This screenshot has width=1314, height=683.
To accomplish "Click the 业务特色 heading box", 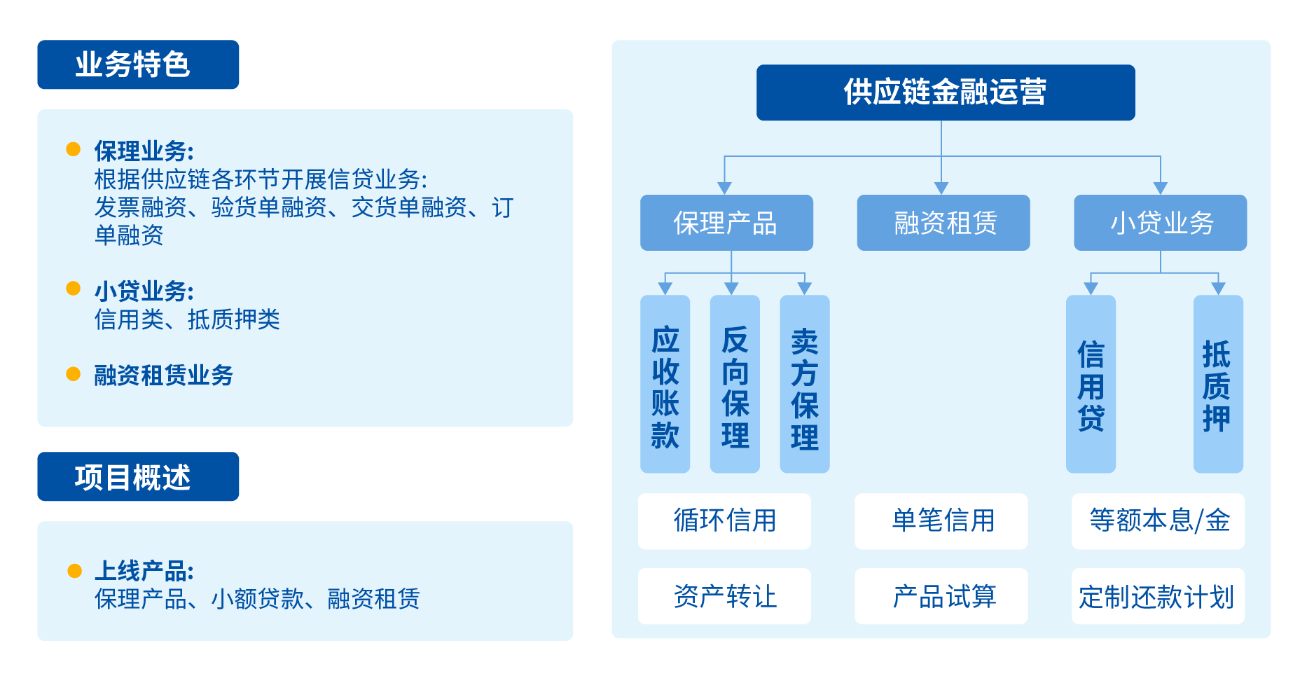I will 138,64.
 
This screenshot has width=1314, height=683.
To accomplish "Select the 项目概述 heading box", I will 138,476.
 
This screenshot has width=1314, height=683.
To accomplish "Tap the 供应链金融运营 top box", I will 945,92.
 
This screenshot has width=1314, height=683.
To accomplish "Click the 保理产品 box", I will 726,223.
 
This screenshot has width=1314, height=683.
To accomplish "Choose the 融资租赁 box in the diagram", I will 943,223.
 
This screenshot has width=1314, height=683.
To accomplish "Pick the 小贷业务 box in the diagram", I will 1160,223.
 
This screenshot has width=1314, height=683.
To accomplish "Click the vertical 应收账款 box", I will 665,384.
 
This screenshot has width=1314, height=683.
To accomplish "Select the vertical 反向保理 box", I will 735,384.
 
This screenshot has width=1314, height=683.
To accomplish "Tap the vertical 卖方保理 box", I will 804,384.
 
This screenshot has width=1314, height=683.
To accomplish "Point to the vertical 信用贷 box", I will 1090,384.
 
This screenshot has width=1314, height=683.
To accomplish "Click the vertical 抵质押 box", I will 1217,384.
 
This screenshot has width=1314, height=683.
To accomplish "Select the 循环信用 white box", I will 724,521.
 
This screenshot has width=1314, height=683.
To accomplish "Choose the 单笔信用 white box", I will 941,521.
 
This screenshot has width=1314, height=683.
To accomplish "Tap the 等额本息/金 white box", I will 1158,521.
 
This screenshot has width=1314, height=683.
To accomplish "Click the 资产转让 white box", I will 724,596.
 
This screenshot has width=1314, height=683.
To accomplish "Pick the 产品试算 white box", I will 941,596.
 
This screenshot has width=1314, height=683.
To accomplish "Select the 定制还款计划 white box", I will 1158,596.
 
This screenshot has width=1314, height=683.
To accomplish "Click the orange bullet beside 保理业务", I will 73,149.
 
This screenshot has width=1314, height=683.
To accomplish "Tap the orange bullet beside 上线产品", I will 74,571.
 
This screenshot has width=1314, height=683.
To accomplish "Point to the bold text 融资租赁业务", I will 163,375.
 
